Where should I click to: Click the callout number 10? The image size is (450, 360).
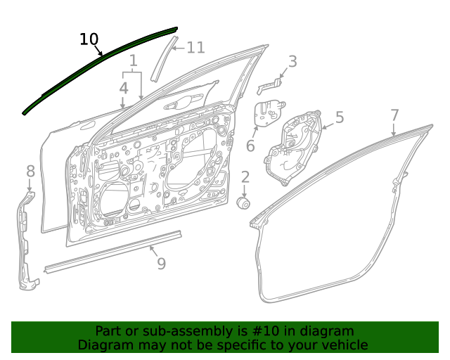[x=89, y=39]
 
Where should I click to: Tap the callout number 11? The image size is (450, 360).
[x=195, y=48]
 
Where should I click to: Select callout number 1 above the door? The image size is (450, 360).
[x=133, y=61]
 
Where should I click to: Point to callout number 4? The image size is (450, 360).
[x=124, y=89]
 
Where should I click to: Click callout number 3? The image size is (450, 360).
[x=292, y=62]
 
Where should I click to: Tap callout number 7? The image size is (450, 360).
[x=394, y=115]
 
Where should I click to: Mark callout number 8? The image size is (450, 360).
[x=30, y=171]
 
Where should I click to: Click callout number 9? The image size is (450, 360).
[x=161, y=264]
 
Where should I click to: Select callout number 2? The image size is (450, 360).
[x=245, y=177]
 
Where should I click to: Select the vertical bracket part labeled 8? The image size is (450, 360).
[x=26, y=239]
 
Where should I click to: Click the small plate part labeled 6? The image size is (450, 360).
[x=266, y=115]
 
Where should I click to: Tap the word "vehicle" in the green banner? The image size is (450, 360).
[x=344, y=345]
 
